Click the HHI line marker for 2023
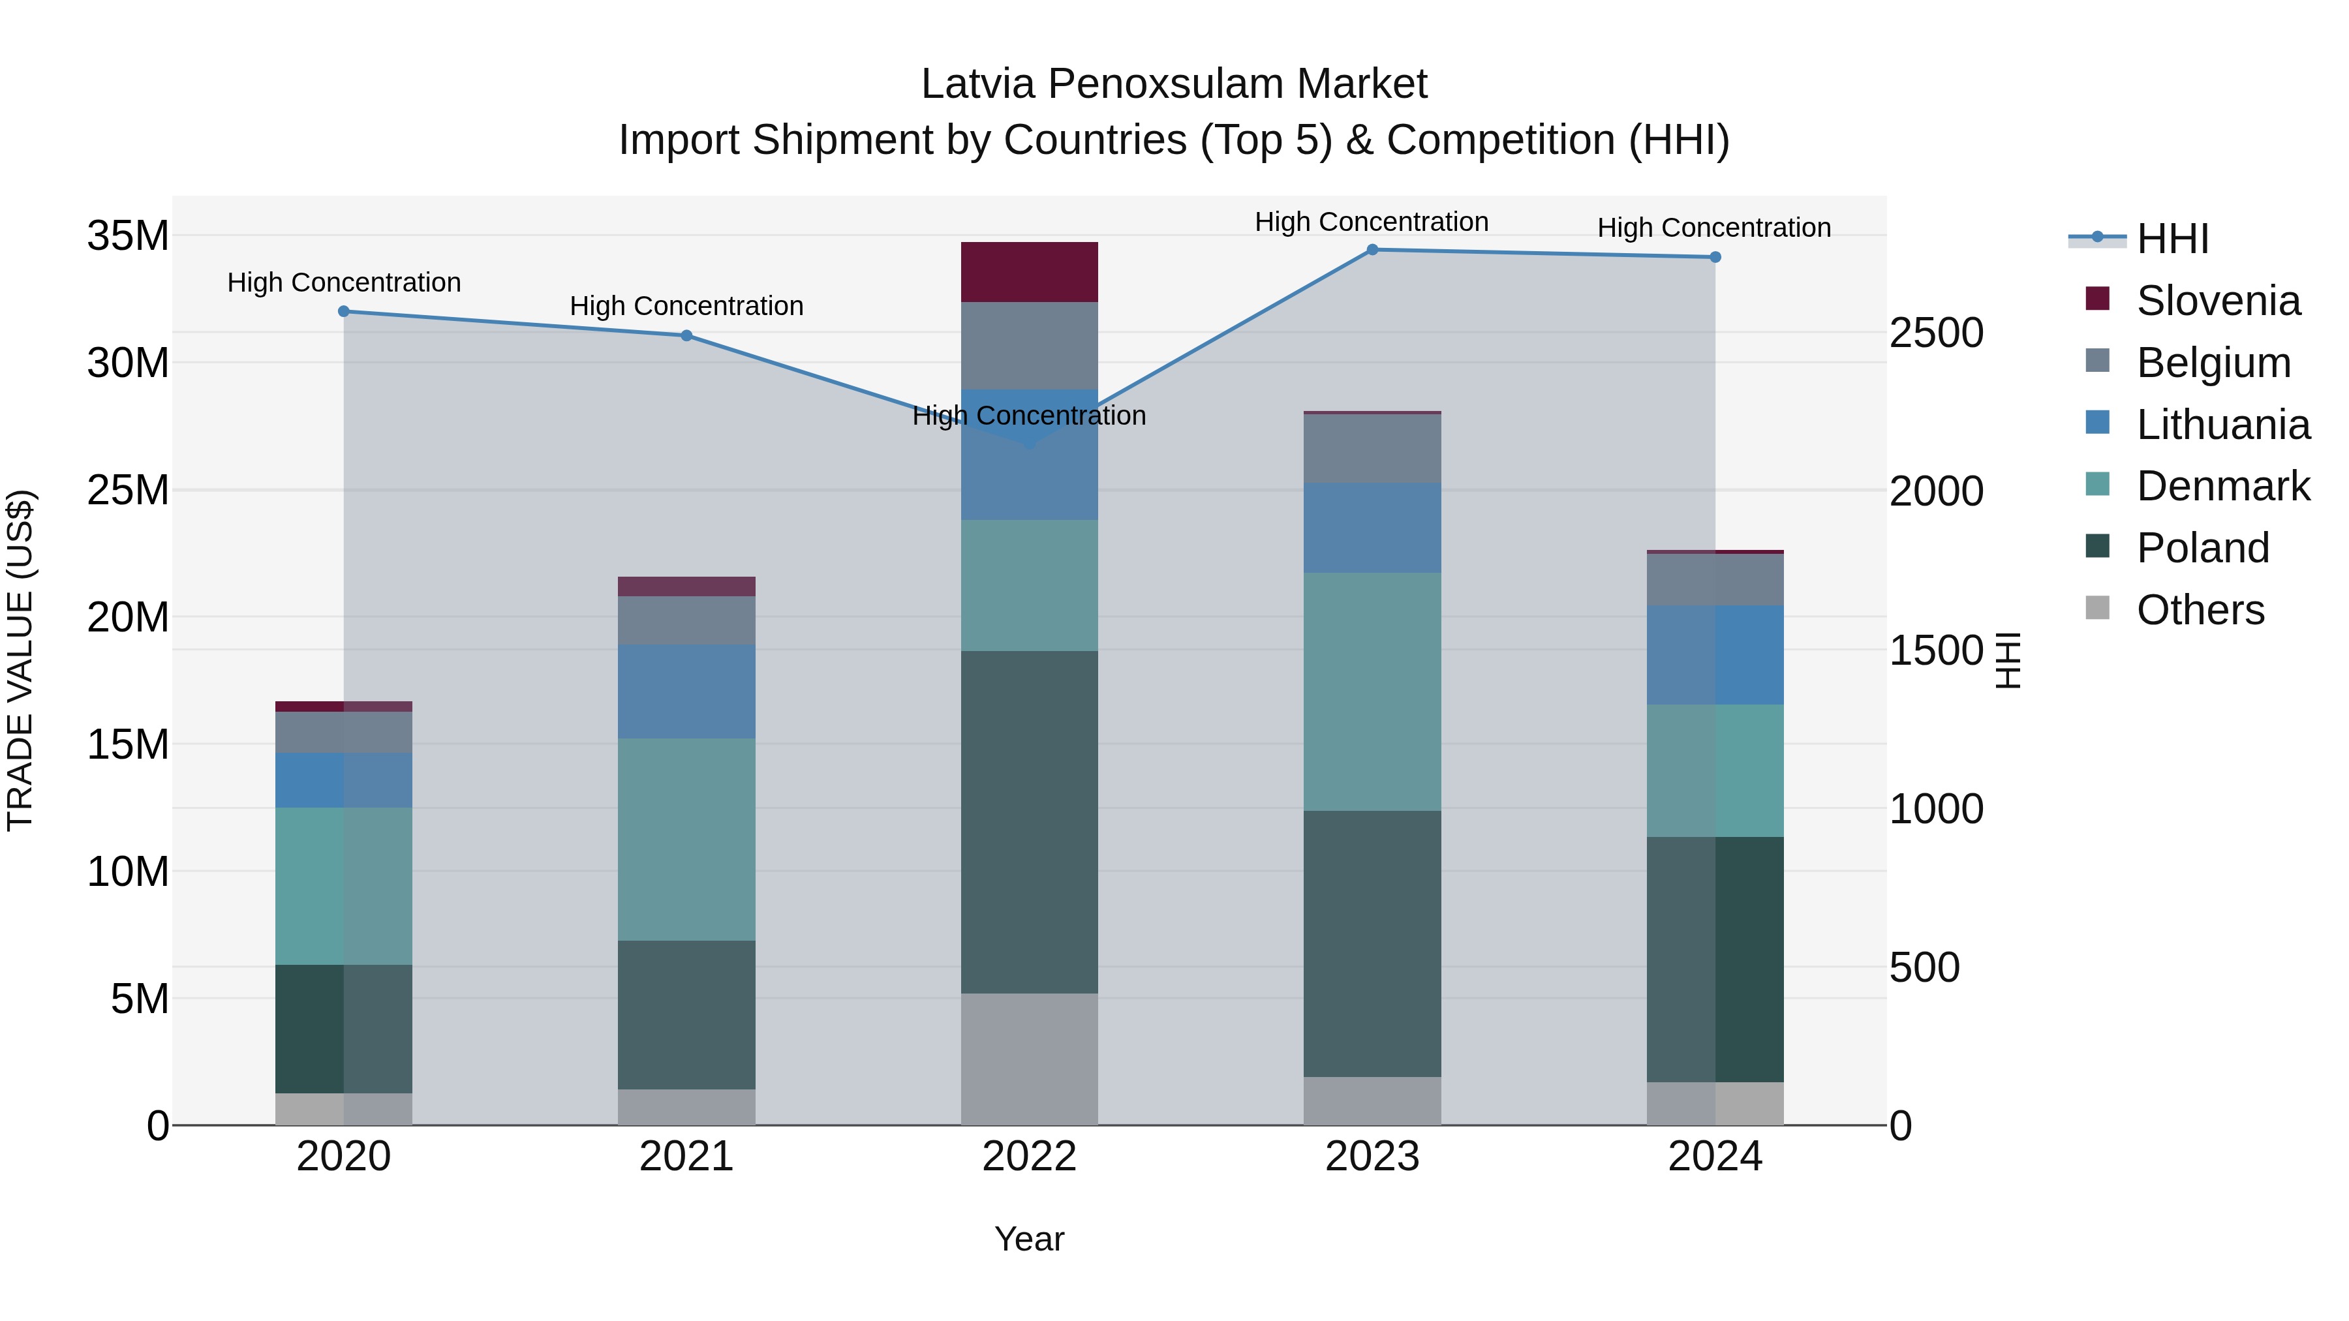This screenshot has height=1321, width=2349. click(x=1372, y=250)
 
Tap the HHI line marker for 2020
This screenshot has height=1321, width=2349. click(x=344, y=312)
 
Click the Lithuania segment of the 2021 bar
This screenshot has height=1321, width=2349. click(x=686, y=691)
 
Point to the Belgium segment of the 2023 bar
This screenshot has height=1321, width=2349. click(x=1372, y=449)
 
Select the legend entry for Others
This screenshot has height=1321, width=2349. click(x=2200, y=610)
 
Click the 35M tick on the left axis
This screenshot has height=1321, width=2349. click(x=128, y=236)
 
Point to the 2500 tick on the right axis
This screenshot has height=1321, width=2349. click(x=1935, y=333)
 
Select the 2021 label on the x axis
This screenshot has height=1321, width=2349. click(x=686, y=1157)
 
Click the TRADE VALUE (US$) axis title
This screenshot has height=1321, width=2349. click(x=20, y=660)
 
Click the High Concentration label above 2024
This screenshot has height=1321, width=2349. click(x=1713, y=228)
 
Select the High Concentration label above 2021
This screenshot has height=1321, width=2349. click(x=686, y=307)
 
